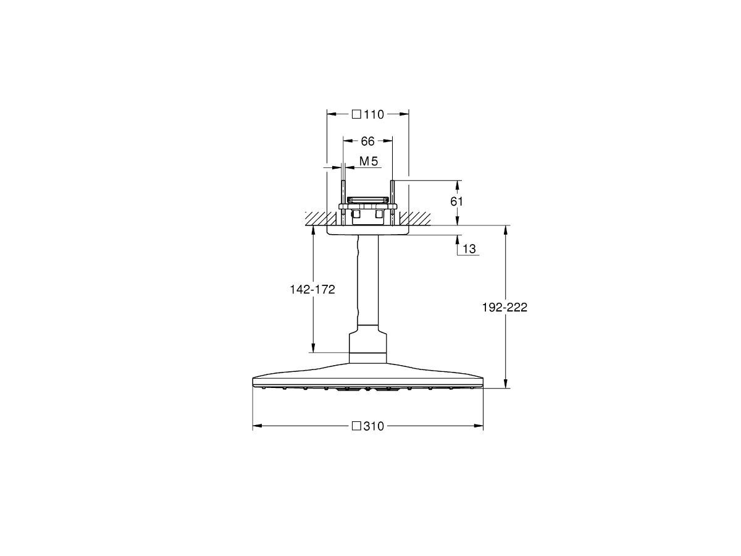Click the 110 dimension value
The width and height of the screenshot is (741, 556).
pos(375,114)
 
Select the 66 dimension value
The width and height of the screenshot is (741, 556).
pos(368,141)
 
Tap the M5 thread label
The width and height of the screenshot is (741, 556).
pos(368,161)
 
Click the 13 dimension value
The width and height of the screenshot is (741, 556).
pos(469,249)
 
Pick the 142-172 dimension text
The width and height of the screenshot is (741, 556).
pos(312,290)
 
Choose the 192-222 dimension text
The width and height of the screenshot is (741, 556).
pos(505,308)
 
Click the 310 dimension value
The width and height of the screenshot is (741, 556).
pos(375,426)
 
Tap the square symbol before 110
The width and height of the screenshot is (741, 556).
pos(356,114)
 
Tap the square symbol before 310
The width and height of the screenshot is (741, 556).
pos(356,426)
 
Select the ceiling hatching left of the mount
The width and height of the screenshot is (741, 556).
pos(316,218)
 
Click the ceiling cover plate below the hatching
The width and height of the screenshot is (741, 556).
pos(368,230)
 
